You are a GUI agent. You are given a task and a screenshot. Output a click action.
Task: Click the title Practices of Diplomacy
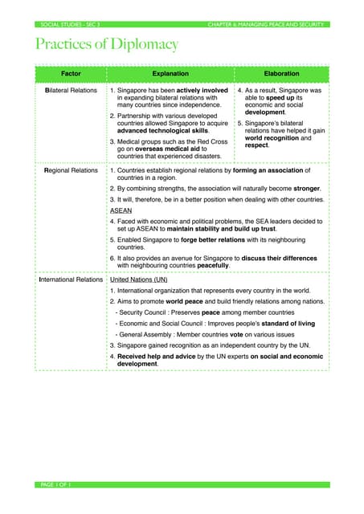[106, 44]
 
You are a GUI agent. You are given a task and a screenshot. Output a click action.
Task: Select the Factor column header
[70, 73]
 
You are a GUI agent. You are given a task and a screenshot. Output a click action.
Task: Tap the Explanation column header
[170, 73]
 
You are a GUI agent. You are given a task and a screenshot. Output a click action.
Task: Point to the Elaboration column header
[280, 73]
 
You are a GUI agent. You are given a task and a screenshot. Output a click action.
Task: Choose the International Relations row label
[71, 279]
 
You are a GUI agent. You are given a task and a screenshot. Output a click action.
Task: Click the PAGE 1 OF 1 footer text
[55, 485]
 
